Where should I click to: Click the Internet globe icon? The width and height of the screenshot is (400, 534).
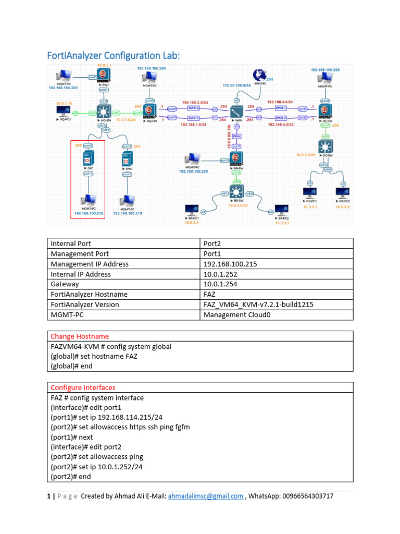[x=259, y=75]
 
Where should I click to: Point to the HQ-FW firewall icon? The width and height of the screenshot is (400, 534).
[x=150, y=110]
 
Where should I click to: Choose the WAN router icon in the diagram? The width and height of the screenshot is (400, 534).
[x=237, y=111]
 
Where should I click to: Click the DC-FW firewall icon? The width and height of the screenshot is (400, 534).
[x=326, y=111]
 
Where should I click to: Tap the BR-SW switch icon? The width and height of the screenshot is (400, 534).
[x=237, y=190]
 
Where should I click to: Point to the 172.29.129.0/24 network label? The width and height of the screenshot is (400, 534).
[x=236, y=84]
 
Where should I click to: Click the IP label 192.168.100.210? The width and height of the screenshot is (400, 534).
[x=128, y=213]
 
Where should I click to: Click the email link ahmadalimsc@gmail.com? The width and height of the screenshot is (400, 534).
[x=205, y=496]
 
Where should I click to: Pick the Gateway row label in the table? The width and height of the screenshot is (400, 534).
[x=65, y=284]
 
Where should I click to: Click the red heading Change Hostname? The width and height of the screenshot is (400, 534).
[x=80, y=336]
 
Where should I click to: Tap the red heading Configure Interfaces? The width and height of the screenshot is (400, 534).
[x=83, y=387]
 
